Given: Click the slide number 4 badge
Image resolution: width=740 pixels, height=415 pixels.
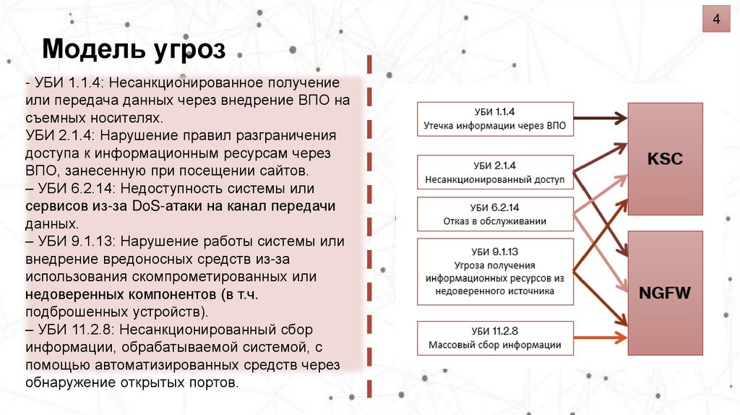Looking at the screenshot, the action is click(x=716, y=19).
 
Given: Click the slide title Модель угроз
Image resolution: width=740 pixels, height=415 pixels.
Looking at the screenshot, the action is click(x=134, y=51).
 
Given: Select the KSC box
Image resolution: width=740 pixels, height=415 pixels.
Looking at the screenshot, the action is click(x=665, y=158).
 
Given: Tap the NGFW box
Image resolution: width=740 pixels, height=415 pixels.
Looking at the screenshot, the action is click(x=665, y=293).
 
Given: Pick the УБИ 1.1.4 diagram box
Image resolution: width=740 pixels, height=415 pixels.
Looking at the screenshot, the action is click(x=495, y=119).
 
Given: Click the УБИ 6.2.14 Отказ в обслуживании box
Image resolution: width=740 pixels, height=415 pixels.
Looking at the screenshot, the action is click(x=495, y=213).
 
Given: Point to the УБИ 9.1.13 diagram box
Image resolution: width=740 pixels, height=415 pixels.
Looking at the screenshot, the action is click(x=495, y=271).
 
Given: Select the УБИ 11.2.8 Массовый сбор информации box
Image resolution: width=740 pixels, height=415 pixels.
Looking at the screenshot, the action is click(x=495, y=338).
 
